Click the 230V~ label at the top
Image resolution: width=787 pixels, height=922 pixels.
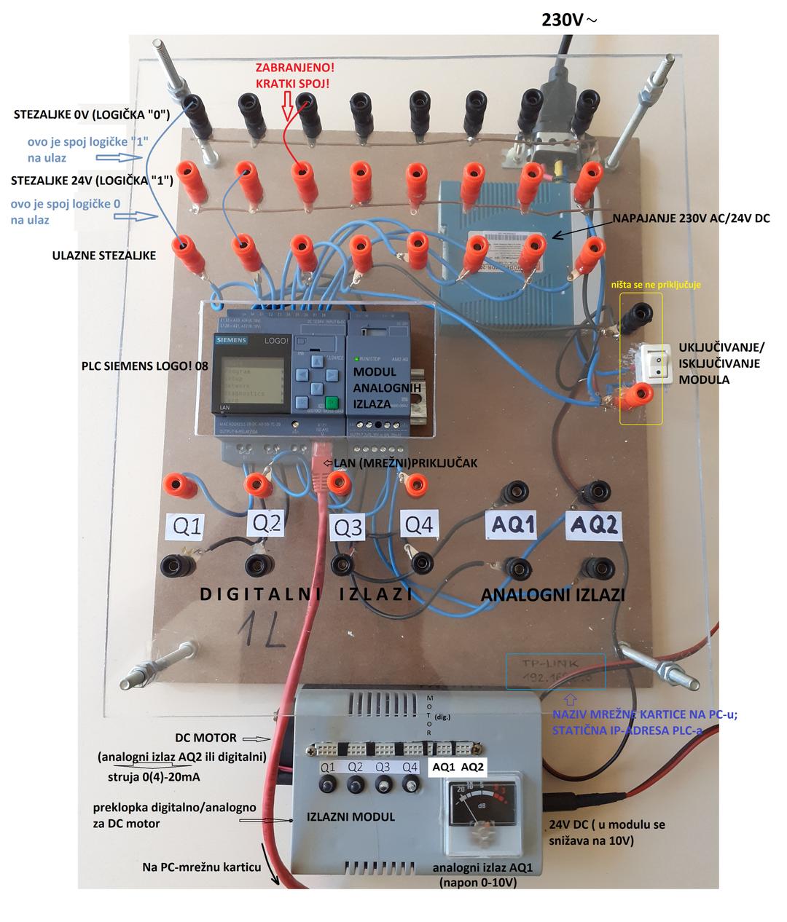pos(568,19)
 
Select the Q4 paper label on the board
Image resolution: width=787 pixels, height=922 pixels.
pos(420,524)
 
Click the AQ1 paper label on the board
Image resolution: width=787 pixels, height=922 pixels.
pos(513,524)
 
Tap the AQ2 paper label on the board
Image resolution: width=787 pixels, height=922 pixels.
pos(594,524)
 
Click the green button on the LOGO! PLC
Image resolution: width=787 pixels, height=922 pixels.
pos(332,403)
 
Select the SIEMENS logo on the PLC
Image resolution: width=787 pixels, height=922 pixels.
pos(230,341)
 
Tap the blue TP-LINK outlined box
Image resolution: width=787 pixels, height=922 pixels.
pos(555,671)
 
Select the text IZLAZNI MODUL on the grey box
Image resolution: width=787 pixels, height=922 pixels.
pos(351,817)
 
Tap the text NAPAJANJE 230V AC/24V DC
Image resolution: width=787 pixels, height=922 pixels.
pos(691,218)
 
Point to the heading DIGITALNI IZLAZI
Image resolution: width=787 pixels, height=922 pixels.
pos(307,594)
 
